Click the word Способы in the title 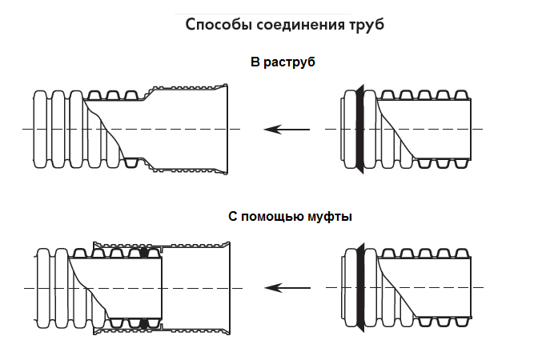(x=219, y=25)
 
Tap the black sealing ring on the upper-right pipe (x=359, y=128)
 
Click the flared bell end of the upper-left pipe (x=225, y=129)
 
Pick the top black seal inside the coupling (x=145, y=253)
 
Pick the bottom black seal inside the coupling (x=145, y=322)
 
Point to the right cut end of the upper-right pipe (x=471, y=129)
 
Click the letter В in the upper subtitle (x=255, y=62)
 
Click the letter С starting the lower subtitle (x=231, y=216)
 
